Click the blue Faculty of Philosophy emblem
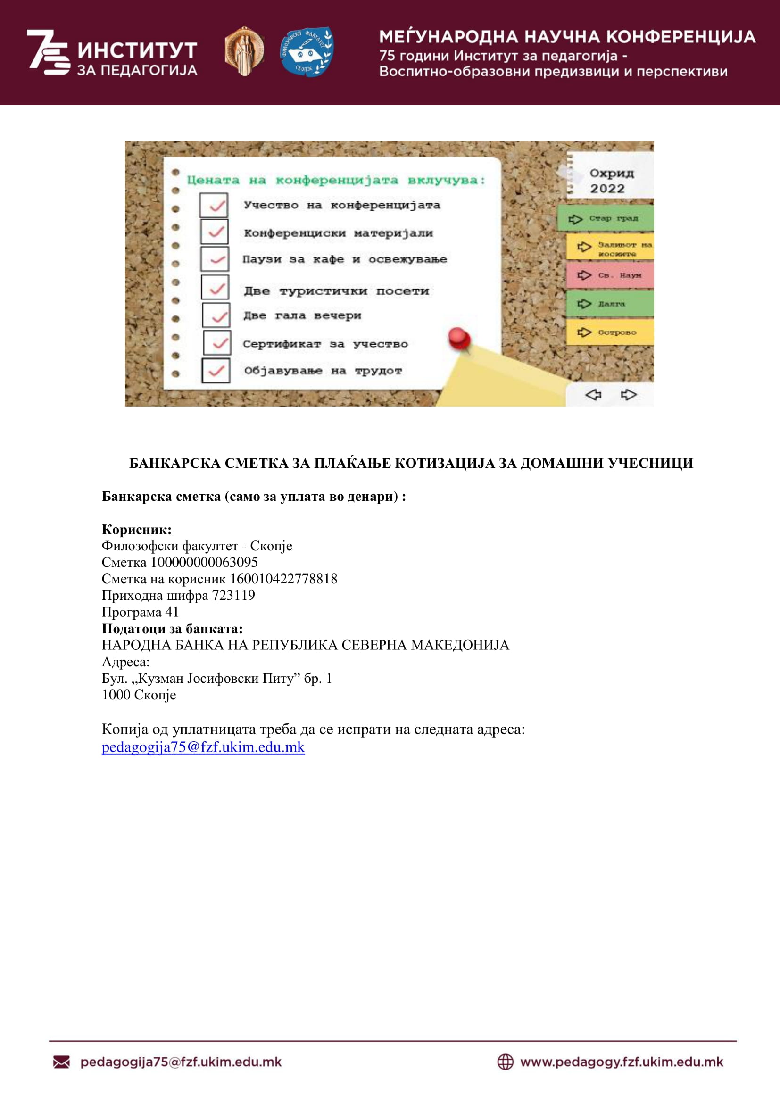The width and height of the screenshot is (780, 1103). [x=307, y=51]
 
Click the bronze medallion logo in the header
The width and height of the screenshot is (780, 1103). [x=244, y=51]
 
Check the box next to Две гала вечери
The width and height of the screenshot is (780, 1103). [x=216, y=315]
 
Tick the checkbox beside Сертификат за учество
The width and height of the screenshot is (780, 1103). [x=217, y=343]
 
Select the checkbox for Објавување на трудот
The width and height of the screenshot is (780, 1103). [x=216, y=370]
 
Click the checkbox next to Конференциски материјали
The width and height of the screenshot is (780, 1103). [x=214, y=232]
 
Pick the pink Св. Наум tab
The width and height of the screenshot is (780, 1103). [x=610, y=275]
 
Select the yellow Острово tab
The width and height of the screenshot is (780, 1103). [x=610, y=332]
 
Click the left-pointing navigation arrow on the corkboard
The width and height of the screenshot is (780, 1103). [x=593, y=394]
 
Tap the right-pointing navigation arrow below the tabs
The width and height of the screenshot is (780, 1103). [x=628, y=394]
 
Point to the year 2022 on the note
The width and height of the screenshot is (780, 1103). [x=607, y=188]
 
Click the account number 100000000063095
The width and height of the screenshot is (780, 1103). [x=204, y=562]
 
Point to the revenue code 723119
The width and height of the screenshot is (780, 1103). [x=233, y=595]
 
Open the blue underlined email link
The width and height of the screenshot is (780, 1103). [x=203, y=747]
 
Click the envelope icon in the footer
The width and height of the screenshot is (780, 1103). [x=61, y=1062]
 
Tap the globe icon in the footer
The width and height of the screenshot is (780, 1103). [x=505, y=1062]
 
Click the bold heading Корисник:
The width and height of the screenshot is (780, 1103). [x=136, y=530]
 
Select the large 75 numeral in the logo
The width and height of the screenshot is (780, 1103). [x=48, y=52]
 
